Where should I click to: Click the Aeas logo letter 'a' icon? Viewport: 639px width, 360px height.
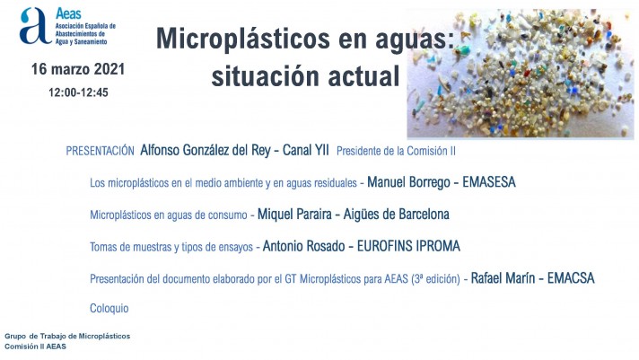36,26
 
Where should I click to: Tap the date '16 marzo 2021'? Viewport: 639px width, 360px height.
78,69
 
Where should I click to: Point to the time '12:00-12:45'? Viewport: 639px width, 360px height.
78,92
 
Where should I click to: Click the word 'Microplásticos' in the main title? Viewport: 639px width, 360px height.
243,40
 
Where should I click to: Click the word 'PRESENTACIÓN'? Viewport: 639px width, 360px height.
101,151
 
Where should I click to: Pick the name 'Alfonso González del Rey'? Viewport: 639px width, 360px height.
206,151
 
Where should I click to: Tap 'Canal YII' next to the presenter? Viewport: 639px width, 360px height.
306,150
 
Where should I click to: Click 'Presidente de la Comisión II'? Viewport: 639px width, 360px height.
396,151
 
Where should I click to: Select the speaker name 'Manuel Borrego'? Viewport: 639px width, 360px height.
408,182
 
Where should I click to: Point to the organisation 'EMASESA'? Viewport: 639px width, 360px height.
489,182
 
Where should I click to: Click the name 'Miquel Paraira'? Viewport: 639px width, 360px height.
294,215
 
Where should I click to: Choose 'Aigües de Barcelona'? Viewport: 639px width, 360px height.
396,215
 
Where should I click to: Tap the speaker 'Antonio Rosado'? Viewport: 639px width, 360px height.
303,246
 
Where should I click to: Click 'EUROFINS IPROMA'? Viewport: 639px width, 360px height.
408,246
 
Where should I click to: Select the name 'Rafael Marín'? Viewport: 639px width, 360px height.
503,278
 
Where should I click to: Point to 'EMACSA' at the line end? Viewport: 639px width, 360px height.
571,278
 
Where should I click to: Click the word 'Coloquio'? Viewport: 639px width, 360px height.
109,308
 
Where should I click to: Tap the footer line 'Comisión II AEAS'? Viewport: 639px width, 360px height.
36,347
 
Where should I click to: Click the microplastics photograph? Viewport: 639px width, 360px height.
521,74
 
